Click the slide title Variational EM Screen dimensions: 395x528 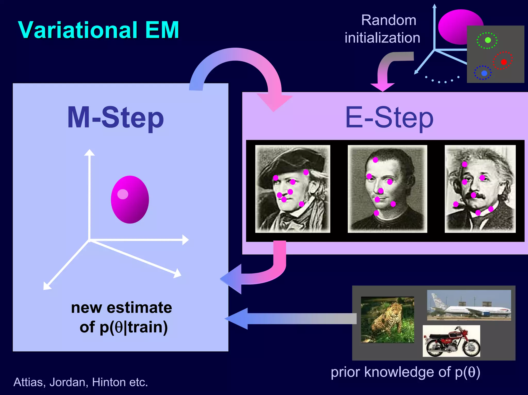pyautogui.click(x=98, y=30)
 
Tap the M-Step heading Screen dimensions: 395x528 pyautogui.click(x=115, y=118)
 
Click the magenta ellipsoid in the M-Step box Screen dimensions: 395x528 pyautogui.click(x=130, y=200)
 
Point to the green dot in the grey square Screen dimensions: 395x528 pyautogui.click(x=488, y=40)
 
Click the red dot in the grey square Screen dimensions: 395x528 pyautogui.click(x=504, y=62)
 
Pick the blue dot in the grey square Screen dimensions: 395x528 pyautogui.click(x=484, y=73)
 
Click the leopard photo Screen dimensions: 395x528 pyautogui.click(x=387, y=320)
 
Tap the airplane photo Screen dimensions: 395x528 pyautogui.click(x=469, y=305)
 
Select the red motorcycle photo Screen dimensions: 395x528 pyautogui.click(x=451, y=341)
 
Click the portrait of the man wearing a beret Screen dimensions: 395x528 pyautogui.click(x=292, y=189)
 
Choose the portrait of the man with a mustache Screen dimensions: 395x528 pyautogui.click(x=480, y=189)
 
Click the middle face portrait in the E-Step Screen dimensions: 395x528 pyautogui.click(x=387, y=189)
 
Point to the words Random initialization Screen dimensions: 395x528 pyautogui.click(x=383, y=29)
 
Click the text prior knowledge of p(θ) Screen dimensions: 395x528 pyautogui.click(x=405, y=372)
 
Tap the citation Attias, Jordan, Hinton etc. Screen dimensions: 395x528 pyautogui.click(x=81, y=382)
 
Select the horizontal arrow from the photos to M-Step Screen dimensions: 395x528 pyautogui.click(x=291, y=319)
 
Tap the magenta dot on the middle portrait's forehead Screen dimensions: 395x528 pyautogui.click(x=375, y=160)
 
